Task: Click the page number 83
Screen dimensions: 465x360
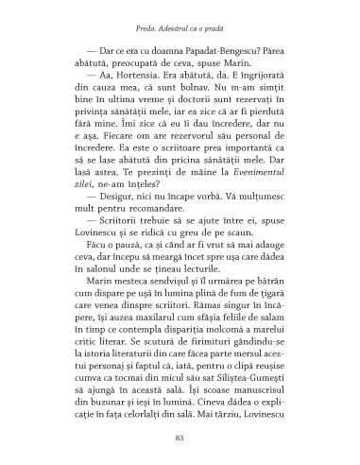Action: tap(180, 436)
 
